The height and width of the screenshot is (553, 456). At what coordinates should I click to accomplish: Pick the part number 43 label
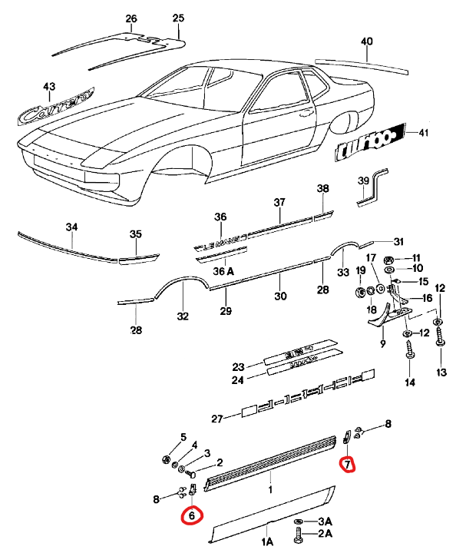pyautogui.click(x=49, y=87)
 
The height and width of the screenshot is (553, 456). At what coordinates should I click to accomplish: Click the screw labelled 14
pyautogui.click(x=408, y=352)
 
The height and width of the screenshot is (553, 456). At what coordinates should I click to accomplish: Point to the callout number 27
pyautogui.click(x=217, y=419)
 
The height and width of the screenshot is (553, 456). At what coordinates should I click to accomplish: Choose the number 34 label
pyautogui.click(x=71, y=227)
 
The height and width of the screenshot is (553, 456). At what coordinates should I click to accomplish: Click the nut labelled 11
pyautogui.click(x=389, y=257)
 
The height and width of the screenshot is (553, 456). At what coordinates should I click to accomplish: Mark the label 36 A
pyautogui.click(x=222, y=271)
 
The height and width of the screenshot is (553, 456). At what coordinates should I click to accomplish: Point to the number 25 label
pyautogui.click(x=178, y=18)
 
